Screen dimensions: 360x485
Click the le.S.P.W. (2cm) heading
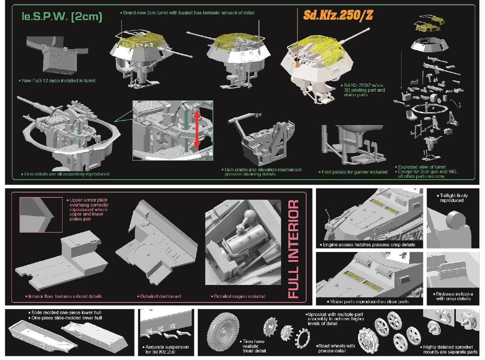coord(62,17)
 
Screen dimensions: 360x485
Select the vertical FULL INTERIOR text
coord(294,249)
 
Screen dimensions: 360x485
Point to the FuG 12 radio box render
coord(57,56)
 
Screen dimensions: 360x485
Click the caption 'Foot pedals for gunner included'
coord(354,172)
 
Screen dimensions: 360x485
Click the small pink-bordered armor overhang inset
coord(41,215)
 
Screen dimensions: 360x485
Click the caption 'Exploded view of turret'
coord(421,167)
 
